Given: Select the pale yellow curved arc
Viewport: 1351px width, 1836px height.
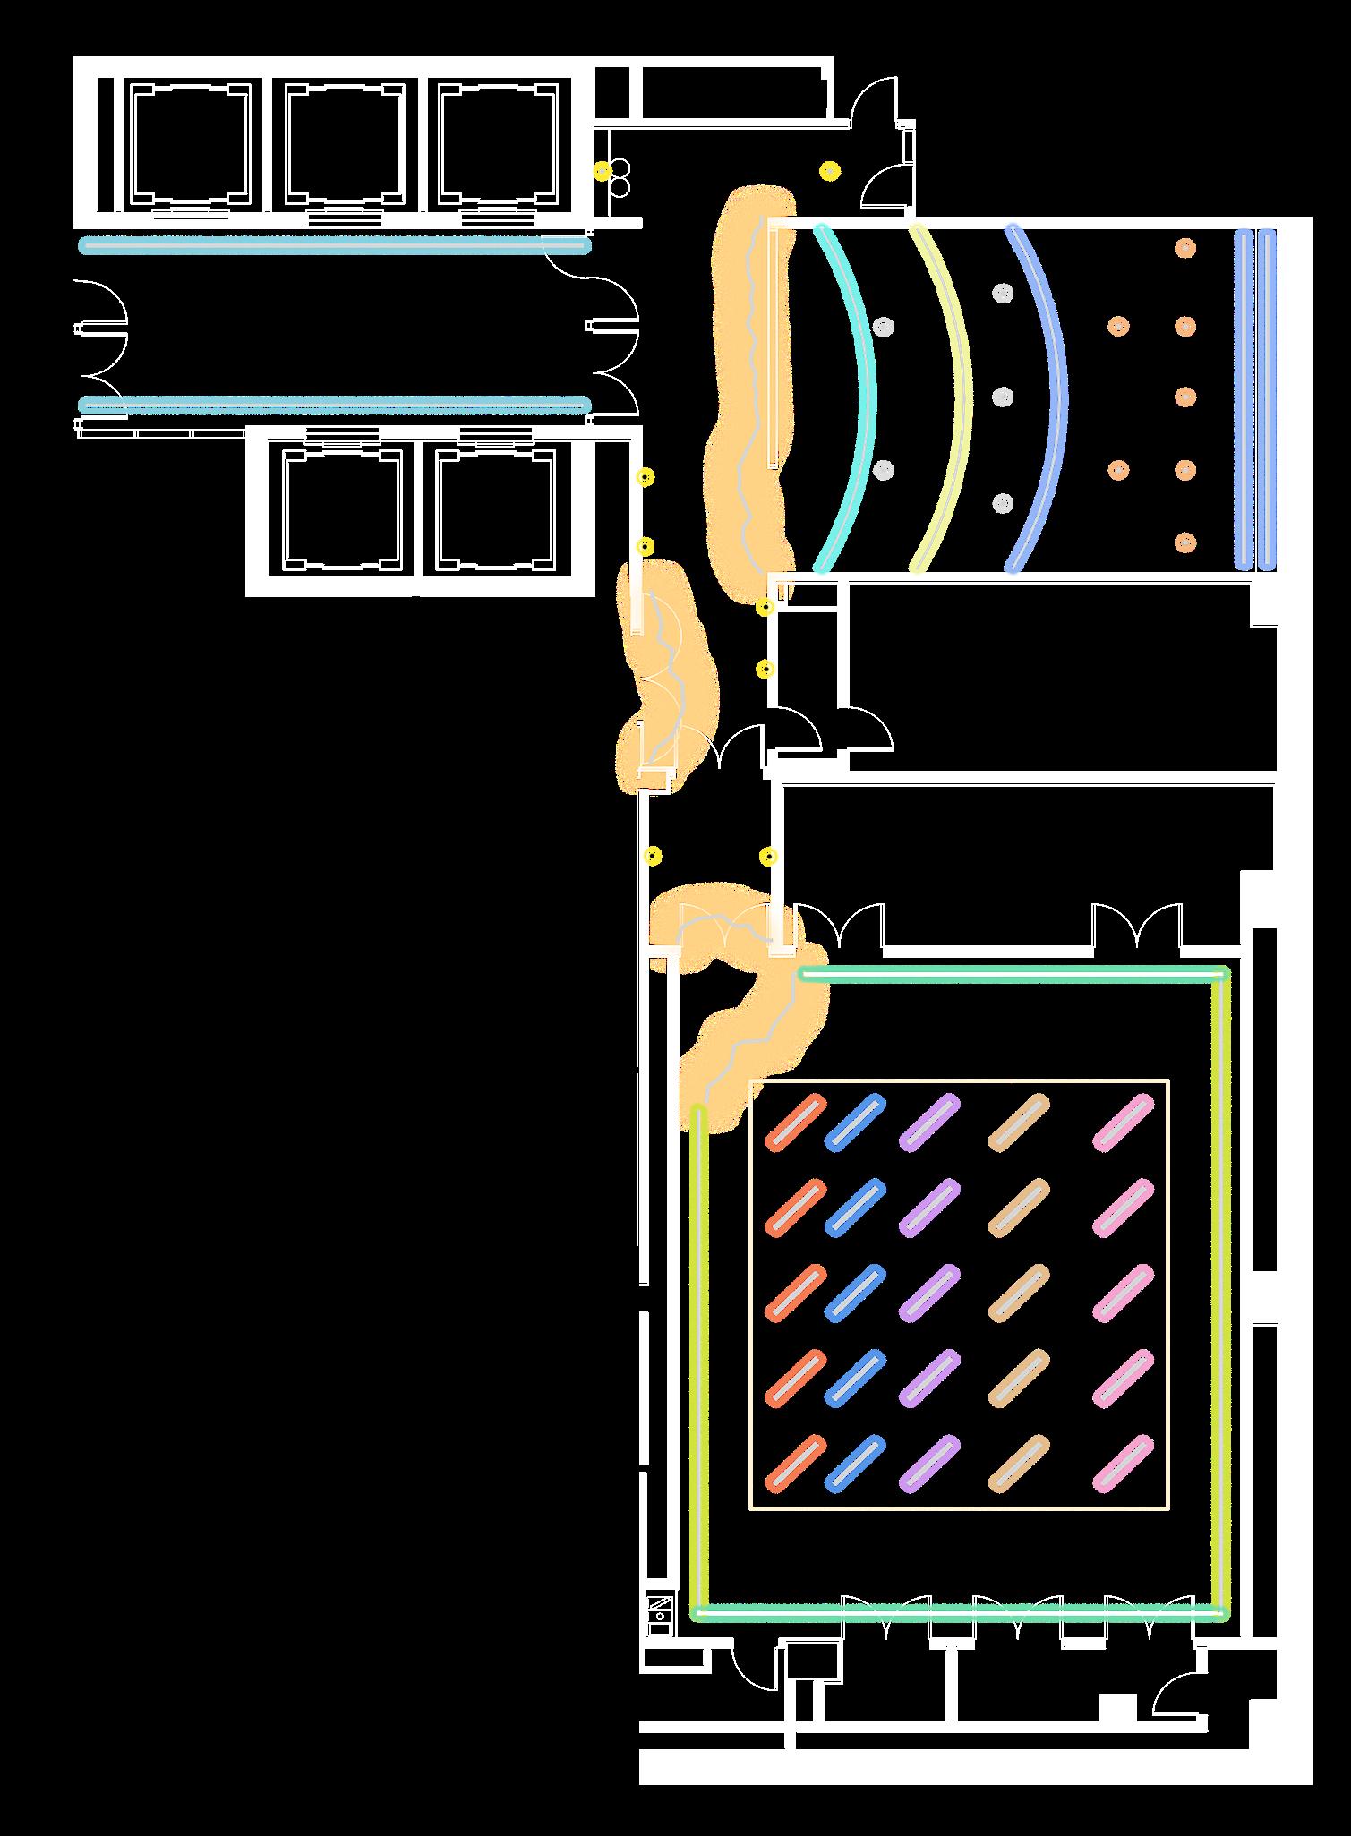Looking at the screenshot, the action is point(962,394).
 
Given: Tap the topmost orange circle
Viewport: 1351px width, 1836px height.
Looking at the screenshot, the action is point(1185,247).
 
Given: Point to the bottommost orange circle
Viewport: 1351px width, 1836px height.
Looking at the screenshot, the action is point(1185,542).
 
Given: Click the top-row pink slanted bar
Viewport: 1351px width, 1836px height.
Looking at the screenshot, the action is point(1124,1122).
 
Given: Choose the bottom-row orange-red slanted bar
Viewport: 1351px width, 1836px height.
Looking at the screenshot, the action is point(796,1464).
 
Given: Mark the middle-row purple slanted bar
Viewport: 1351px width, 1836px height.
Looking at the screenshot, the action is point(929,1293).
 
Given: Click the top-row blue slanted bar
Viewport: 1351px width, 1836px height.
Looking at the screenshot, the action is point(854,1122).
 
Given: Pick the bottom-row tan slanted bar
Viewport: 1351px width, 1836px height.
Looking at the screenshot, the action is point(1019,1464).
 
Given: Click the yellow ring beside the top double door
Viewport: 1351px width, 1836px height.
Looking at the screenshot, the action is point(831,170).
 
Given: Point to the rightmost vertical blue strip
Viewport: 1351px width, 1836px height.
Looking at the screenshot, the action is point(1266,399).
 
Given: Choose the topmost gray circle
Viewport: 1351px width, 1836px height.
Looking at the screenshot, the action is point(1002,293).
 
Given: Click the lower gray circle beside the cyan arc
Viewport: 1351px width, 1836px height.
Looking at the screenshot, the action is point(884,469).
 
